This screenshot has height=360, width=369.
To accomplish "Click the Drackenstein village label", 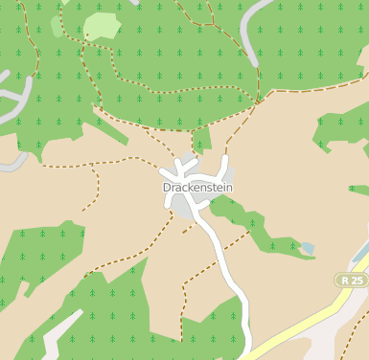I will coord(197,188).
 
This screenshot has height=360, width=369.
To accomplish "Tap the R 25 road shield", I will coord(352,280).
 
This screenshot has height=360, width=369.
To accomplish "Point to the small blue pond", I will coord(307,249).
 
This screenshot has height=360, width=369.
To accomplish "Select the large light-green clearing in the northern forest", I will coord(101,26).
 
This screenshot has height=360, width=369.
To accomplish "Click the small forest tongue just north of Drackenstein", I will coord(201,142).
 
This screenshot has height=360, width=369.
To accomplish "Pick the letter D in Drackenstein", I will coord(168,188).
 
